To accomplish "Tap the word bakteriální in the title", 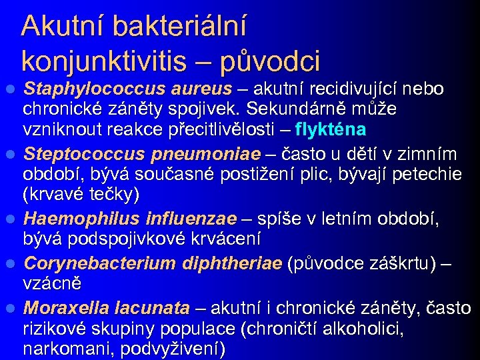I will tap(181, 27).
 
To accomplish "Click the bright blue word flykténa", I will tap(331, 128).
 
